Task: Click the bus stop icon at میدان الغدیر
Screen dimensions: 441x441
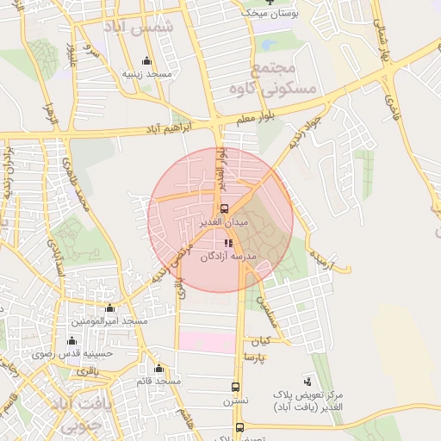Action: click(224, 208)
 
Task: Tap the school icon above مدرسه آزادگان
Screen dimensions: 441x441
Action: click(227, 244)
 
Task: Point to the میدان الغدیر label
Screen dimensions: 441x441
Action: click(224, 222)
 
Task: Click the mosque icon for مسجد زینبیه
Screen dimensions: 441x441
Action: click(146, 61)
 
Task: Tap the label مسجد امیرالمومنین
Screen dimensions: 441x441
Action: click(109, 320)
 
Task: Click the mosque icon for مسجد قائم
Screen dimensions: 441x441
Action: click(158, 368)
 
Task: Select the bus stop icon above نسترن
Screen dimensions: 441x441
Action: click(235, 387)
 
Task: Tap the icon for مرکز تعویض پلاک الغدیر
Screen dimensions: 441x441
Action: click(308, 380)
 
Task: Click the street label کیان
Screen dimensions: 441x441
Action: click(261, 340)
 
